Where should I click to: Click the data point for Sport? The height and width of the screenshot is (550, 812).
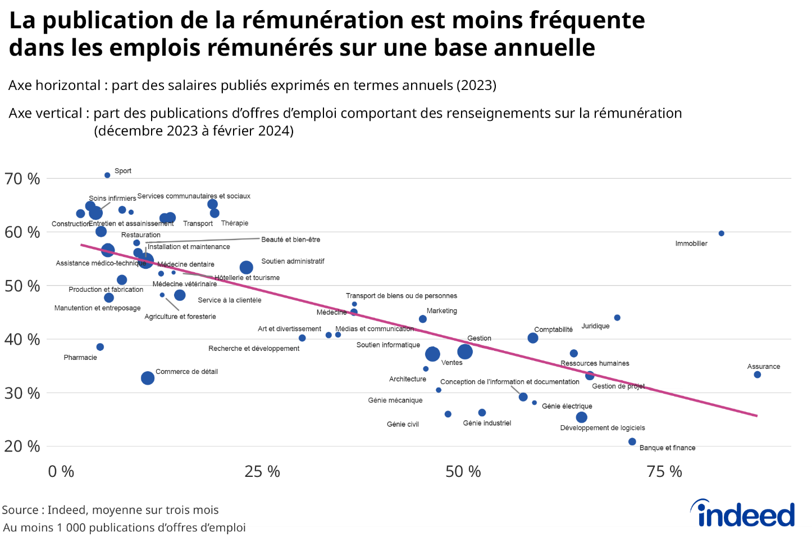pyautogui.click(x=107, y=175)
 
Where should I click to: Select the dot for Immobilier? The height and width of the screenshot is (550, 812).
pyautogui.click(x=722, y=233)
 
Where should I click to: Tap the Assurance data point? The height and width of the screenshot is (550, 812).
pyautogui.click(x=758, y=375)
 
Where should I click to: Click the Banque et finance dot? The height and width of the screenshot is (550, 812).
pyautogui.click(x=632, y=442)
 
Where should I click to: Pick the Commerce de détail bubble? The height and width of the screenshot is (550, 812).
pyautogui.click(x=148, y=378)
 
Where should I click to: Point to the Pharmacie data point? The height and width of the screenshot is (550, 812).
pyautogui.click(x=100, y=347)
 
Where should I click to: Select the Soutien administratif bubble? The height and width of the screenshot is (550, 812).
pyautogui.click(x=246, y=268)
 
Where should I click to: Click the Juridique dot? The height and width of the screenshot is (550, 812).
pyautogui.click(x=617, y=318)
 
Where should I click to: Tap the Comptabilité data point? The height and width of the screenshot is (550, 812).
pyautogui.click(x=533, y=338)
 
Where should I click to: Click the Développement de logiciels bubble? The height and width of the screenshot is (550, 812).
pyautogui.click(x=582, y=417)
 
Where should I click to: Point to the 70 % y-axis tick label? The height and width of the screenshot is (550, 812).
pyautogui.click(x=22, y=179)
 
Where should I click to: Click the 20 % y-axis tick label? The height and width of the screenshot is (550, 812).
pyautogui.click(x=22, y=447)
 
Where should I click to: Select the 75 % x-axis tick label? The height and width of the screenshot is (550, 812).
pyautogui.click(x=664, y=471)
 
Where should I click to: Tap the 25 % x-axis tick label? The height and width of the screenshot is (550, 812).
pyautogui.click(x=262, y=471)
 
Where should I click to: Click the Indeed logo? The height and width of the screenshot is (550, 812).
pyautogui.click(x=742, y=513)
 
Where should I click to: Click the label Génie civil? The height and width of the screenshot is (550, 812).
pyautogui.click(x=403, y=425)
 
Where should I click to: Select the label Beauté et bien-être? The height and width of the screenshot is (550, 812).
pyautogui.click(x=291, y=240)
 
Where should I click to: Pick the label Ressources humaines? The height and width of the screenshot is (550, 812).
pyautogui.click(x=595, y=363)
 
